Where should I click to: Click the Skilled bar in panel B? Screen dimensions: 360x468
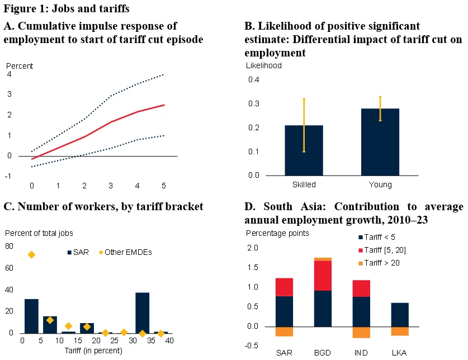pyautogui.click(x=304, y=150)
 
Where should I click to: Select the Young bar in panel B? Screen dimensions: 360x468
pyautogui.click(x=380, y=141)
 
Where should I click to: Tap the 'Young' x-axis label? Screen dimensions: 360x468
pyautogui.click(x=380, y=185)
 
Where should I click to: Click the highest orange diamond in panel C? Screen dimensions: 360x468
pyautogui.click(x=32, y=255)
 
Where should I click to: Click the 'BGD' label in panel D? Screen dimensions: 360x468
pyautogui.click(x=323, y=353)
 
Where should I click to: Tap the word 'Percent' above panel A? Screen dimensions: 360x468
pyautogui.click(x=20, y=66)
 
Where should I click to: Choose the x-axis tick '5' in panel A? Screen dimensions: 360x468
pyautogui.click(x=164, y=185)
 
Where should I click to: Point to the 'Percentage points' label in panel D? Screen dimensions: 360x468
pyautogui.click(x=277, y=233)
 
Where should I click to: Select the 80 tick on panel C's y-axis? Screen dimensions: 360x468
pyautogui.click(x=9, y=247)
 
